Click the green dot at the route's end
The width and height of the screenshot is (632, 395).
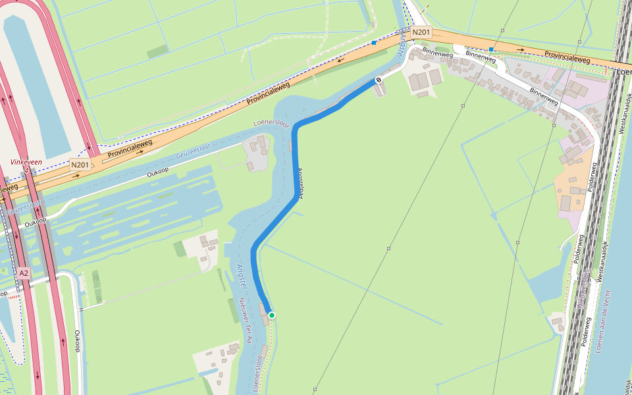271,315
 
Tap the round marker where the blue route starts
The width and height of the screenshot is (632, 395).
379,80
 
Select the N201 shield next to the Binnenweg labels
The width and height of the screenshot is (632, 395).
421,32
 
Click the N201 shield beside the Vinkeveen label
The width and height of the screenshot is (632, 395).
80,165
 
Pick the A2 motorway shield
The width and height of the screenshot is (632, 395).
24,273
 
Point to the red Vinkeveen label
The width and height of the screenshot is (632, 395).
26,162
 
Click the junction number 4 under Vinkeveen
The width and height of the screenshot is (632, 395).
26,171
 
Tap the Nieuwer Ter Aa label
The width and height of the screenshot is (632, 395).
246,321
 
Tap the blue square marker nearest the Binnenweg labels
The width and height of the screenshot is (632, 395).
492,49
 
